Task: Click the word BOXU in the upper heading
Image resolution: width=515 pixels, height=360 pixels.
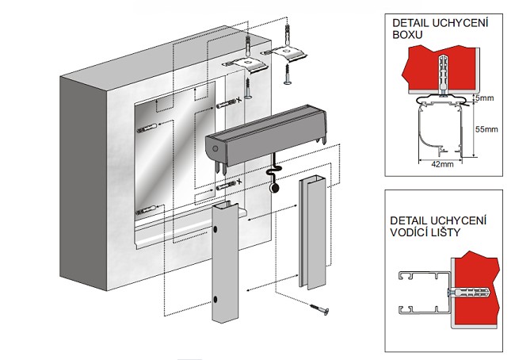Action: pyautogui.click(x=407, y=36)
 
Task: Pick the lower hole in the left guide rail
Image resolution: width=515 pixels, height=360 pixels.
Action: pyautogui.click(x=217, y=300)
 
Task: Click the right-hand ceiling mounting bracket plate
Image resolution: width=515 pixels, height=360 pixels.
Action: pyautogui.click(x=288, y=52)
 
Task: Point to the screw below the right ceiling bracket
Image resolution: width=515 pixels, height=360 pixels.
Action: pyautogui.click(x=287, y=76)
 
